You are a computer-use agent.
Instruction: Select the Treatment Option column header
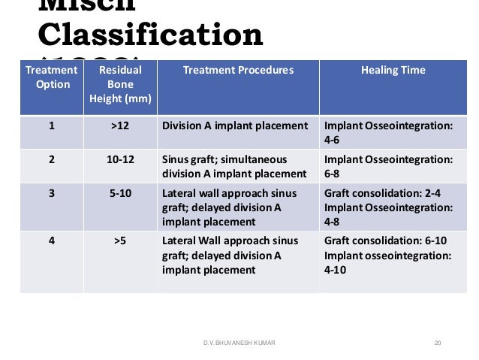pos(52,77)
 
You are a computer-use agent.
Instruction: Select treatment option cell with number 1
pos(52,126)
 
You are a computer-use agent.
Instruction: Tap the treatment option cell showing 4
pos(52,242)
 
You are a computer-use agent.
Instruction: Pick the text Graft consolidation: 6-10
pos(384,242)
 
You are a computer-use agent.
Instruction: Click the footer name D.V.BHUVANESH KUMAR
pos(239,343)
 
